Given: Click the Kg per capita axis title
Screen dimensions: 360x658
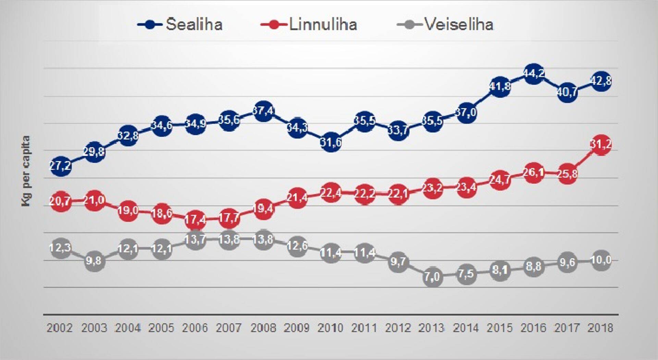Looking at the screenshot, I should pos(26,171).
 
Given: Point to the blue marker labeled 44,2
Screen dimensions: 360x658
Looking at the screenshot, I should pos(533,74).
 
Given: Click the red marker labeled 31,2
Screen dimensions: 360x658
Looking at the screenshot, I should pos(601,145).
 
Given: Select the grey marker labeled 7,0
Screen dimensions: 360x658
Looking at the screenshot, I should pos(432,276).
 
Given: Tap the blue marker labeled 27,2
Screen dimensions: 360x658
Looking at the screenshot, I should pos(61,166).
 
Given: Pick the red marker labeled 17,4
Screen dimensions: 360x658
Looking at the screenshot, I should pos(195,220).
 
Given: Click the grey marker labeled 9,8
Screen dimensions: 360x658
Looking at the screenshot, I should pos(94,261).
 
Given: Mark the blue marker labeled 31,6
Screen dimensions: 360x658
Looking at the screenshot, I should pos(331,142).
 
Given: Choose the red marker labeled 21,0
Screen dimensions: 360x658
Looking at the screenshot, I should pos(94,200).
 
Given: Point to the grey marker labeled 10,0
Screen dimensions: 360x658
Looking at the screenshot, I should pos(601,260).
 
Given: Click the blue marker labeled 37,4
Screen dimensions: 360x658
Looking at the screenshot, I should pos(263,111).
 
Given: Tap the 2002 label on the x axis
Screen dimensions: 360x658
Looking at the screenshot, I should pos(60,328).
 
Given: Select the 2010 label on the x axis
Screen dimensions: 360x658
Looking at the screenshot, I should pos(330,328).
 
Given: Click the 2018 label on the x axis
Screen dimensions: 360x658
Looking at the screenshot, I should pos(600,328).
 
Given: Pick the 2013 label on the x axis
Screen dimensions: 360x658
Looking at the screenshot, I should pos(431,328).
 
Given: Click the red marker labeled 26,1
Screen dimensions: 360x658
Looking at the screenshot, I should pos(533,173).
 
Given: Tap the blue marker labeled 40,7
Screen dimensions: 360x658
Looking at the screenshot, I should pos(567,92).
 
